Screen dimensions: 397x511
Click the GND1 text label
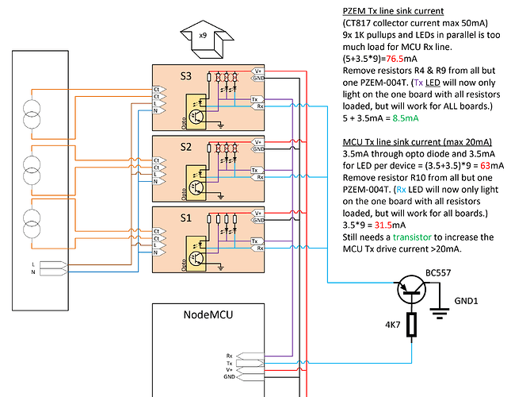(465, 303)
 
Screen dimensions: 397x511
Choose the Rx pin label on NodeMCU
(231, 355)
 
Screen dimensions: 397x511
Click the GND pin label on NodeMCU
(231, 377)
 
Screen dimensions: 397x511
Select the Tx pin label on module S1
(253, 240)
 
